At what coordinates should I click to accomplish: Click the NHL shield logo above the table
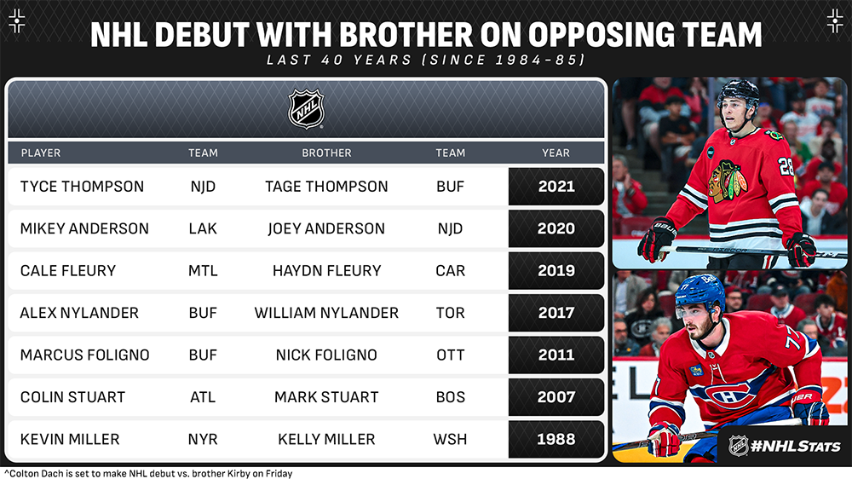coord(306,109)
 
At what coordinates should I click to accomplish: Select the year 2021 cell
coord(556,187)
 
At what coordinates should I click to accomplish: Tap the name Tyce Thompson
coord(82,187)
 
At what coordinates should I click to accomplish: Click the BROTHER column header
coord(326,153)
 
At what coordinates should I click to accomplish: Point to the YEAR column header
coord(556,153)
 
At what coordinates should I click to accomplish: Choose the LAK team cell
coord(203,228)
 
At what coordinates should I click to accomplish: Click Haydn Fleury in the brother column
coord(326,271)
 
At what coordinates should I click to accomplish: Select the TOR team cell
coord(451,313)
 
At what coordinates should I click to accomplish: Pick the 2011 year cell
coord(556,355)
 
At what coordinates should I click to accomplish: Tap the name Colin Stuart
coord(72,397)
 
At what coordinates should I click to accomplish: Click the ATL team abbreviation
coord(203,397)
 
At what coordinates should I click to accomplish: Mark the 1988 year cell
coord(556,439)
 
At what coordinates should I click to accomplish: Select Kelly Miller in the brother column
coord(326,439)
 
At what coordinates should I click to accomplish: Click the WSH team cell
coord(451,439)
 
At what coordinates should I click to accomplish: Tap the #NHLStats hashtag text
coord(795,447)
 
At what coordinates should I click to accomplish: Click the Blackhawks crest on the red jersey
coord(727,180)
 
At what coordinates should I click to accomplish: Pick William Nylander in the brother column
coord(326,313)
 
